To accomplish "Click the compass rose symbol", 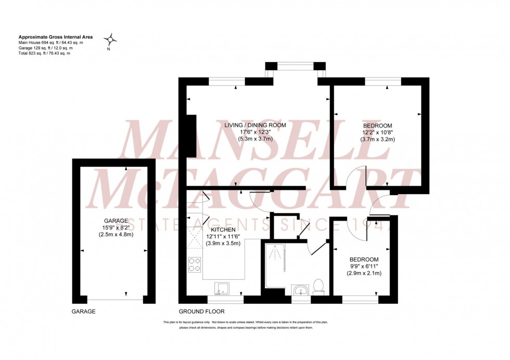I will pyautogui.click(x=110, y=39).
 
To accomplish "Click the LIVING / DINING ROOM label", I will pyautogui.click(x=256, y=125).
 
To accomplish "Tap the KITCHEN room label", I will pyautogui.click(x=223, y=229).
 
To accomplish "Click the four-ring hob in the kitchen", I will pyautogui.click(x=195, y=265).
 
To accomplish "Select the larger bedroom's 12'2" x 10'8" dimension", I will pyautogui.click(x=378, y=133).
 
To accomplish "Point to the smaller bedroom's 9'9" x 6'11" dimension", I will pyautogui.click(x=364, y=266).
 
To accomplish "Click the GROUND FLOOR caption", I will pyautogui.click(x=201, y=312).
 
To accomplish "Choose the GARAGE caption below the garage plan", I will pyautogui.click(x=83, y=312).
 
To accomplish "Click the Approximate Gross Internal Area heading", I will pyautogui.click(x=56, y=37).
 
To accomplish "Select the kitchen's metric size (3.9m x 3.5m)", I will pyautogui.click(x=223, y=243).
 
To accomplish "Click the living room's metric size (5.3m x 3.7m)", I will pyautogui.click(x=256, y=139).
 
